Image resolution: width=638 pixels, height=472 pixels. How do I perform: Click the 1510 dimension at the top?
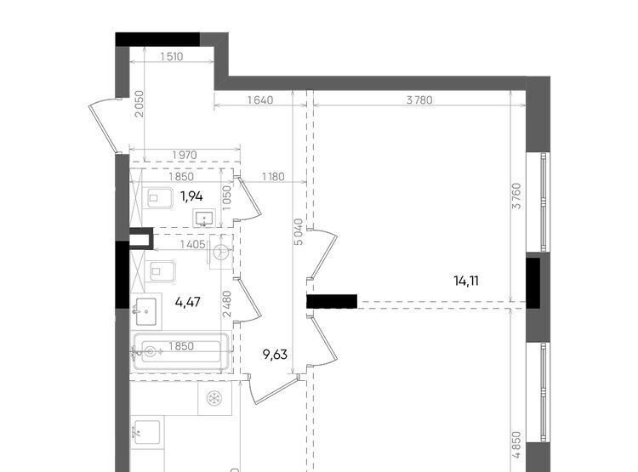[x=172, y=57]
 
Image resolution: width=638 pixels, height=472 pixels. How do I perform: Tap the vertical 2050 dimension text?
[x=140, y=104]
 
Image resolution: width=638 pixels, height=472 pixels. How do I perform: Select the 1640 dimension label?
[x=260, y=100]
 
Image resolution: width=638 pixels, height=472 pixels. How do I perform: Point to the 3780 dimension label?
[x=419, y=100]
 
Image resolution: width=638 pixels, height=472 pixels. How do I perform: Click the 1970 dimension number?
[x=185, y=155]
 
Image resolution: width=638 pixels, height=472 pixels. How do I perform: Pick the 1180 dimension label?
[x=273, y=177]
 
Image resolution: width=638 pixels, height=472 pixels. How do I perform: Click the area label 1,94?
[x=191, y=196]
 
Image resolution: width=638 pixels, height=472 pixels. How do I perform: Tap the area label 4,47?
[x=188, y=302]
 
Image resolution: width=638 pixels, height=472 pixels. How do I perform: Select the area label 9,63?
[x=275, y=355]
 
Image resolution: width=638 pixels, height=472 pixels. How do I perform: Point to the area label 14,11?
[x=466, y=281]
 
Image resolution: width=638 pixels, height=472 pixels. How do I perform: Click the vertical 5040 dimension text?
[x=299, y=232]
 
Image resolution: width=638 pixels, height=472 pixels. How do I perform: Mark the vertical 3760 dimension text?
[x=516, y=196]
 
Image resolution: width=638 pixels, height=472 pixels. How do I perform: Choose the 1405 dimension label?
[x=192, y=245]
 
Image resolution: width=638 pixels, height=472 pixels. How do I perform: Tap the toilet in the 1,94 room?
[x=159, y=198]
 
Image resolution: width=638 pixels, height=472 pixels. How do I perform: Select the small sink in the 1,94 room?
[x=204, y=218]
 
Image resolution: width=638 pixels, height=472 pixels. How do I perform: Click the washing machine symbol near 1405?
[x=221, y=252]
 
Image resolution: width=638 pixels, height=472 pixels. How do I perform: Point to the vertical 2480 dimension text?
[x=227, y=304]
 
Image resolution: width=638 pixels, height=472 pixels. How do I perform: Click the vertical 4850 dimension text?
[x=516, y=445]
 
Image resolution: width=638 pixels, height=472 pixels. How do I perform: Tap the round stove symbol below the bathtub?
[x=214, y=398]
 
